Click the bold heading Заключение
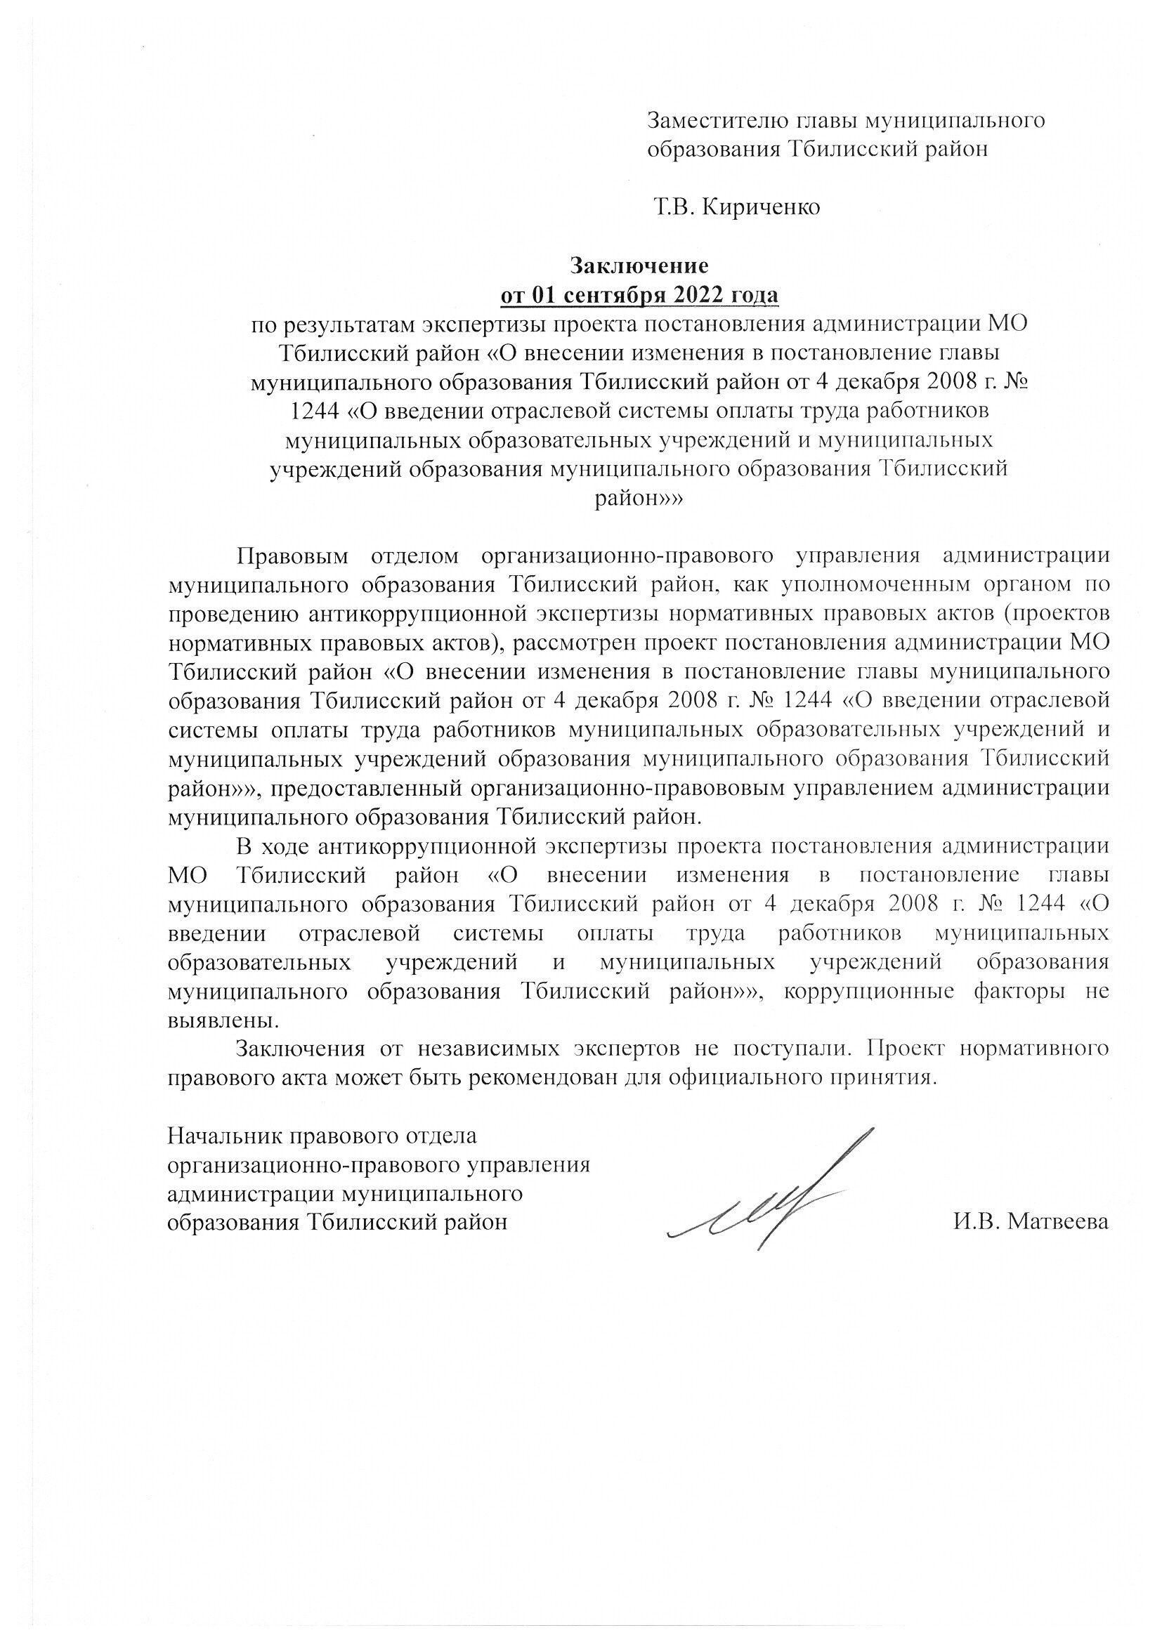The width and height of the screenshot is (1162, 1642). pyautogui.click(x=639, y=265)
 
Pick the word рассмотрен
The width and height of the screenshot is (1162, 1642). pyautogui.click(x=573, y=643)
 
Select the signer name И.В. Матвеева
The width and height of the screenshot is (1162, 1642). pyautogui.click(x=1031, y=1222)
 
